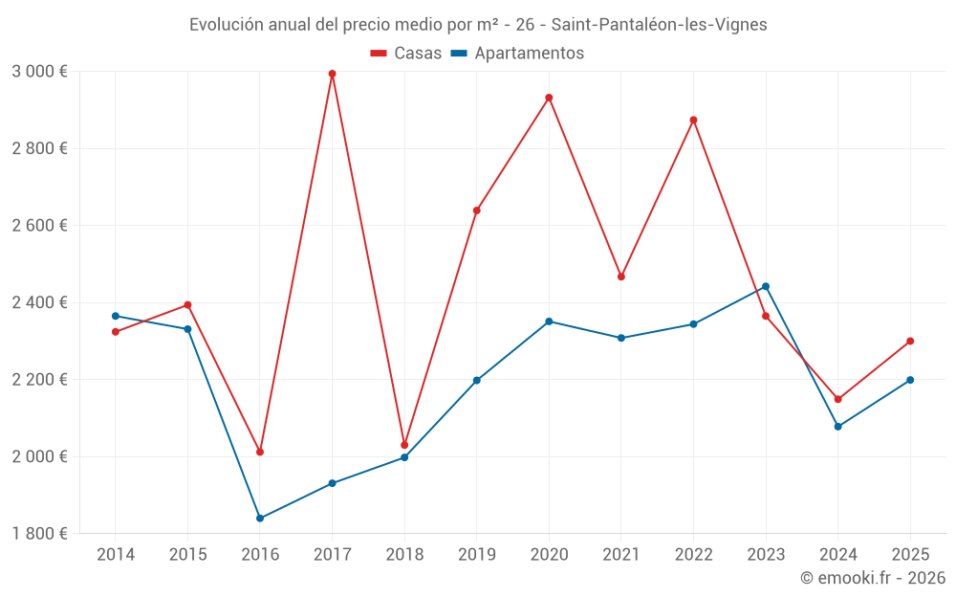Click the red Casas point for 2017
332,74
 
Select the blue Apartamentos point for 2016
260,519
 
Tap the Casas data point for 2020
549,98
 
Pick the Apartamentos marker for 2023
766,286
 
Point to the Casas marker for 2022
693,120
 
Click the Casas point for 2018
404,445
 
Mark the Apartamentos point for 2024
837,427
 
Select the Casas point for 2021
621,277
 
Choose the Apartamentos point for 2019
477,381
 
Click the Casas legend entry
406,54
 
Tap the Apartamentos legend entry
517,54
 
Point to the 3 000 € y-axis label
39,72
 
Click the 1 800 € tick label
39,534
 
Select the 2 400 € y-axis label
39,302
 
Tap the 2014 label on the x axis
116,555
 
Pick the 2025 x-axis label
910,555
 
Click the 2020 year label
549,555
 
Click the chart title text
478,25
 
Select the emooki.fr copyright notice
872,578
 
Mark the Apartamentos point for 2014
116,316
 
